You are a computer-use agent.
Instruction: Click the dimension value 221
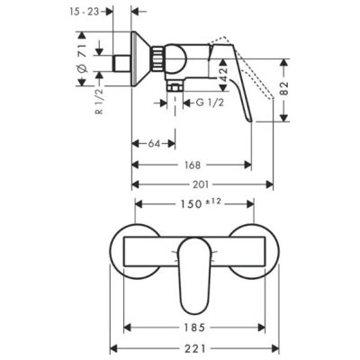195,348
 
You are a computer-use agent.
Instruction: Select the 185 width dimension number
195,328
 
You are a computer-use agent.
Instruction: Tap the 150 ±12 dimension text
201,203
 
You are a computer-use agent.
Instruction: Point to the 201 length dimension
201,184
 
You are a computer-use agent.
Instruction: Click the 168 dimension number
192,165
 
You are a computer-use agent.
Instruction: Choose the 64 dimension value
154,144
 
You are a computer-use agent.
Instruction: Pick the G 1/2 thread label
210,103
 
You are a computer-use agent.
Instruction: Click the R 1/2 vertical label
99,100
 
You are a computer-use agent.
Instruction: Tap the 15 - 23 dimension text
85,12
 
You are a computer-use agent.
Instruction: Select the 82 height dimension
284,88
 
